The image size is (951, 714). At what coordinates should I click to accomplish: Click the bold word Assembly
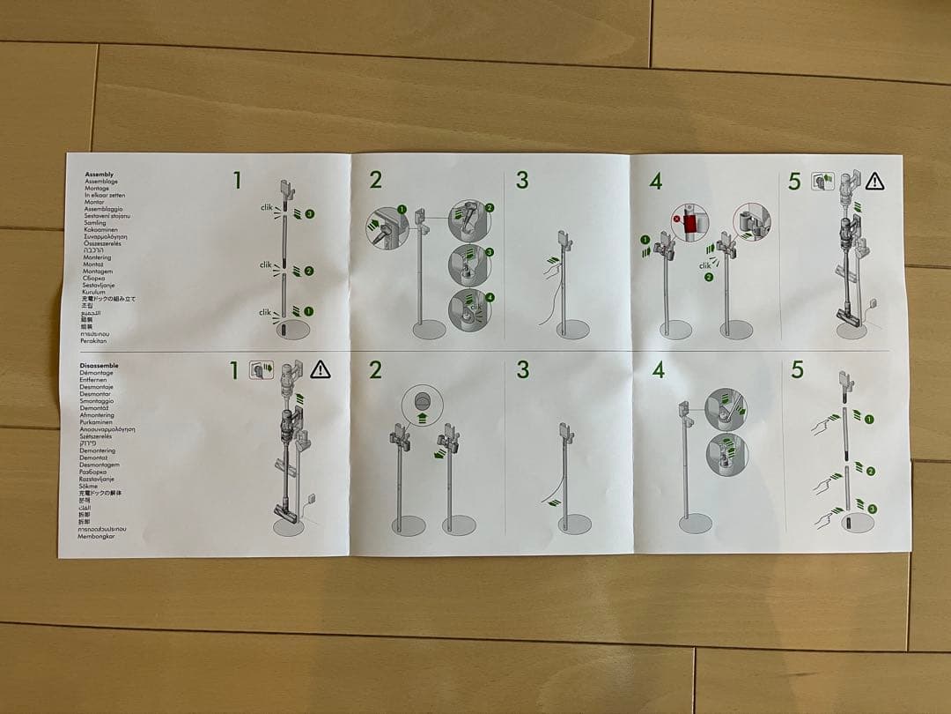click(99, 175)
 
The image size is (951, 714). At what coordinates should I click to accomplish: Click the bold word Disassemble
click(99, 365)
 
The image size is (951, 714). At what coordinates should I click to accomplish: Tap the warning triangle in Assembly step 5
click(874, 182)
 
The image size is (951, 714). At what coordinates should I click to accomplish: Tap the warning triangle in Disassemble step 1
click(320, 369)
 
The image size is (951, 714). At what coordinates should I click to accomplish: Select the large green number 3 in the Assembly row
click(522, 181)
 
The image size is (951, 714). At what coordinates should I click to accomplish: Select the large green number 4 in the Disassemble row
click(658, 370)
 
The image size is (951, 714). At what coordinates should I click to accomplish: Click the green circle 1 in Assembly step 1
click(309, 311)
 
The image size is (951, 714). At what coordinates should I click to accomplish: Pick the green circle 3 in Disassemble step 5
click(872, 509)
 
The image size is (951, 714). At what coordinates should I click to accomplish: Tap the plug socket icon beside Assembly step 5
click(822, 181)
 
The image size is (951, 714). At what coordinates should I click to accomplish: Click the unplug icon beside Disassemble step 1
click(262, 369)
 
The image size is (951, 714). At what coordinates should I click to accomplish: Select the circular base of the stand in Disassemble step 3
click(574, 524)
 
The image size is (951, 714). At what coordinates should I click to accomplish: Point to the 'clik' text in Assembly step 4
click(704, 265)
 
